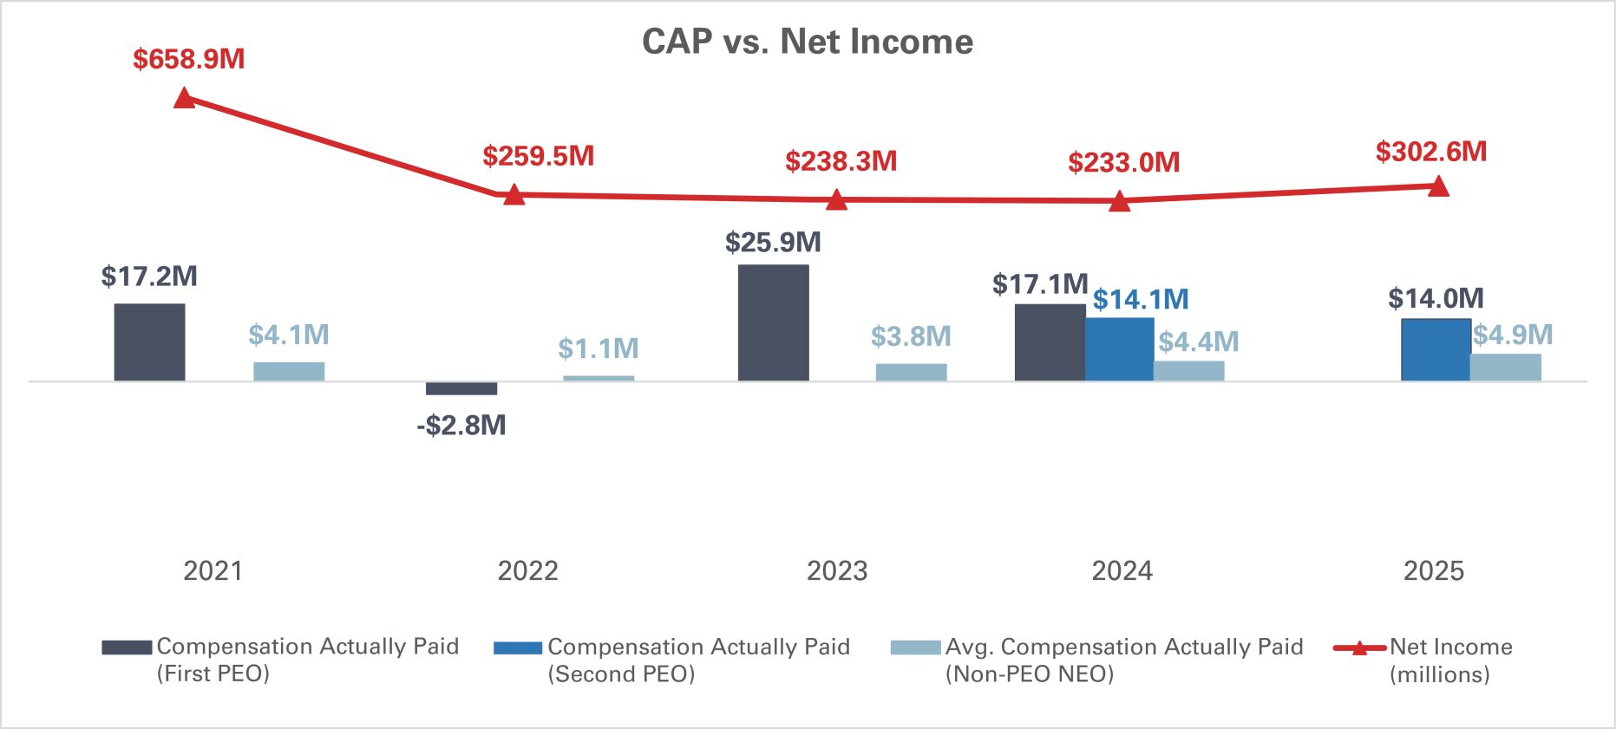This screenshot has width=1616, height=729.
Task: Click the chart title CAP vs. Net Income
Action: click(x=808, y=42)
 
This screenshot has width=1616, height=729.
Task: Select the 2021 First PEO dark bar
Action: click(x=149, y=342)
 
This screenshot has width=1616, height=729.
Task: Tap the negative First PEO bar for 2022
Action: click(x=461, y=388)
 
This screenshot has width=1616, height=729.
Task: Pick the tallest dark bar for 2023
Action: click(x=773, y=322)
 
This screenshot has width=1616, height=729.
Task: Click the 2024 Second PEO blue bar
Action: click(x=1119, y=349)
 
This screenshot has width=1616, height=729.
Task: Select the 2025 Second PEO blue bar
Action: click(x=1436, y=350)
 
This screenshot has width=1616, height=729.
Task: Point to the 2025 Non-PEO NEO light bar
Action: click(x=1505, y=368)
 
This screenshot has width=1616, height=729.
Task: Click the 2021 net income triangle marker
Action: click(x=184, y=98)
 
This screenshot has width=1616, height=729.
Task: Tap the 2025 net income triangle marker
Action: click(x=1438, y=186)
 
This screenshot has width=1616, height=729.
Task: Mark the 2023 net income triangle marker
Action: click(x=836, y=200)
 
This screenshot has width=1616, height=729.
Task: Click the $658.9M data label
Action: click(x=189, y=59)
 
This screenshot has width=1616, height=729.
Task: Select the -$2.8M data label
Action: click(x=461, y=425)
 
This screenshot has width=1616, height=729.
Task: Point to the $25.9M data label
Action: click(x=773, y=243)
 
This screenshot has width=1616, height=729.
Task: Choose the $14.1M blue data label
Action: click(x=1141, y=300)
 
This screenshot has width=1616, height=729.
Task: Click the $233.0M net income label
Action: click(x=1123, y=162)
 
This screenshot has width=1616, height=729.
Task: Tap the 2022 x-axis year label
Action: click(x=527, y=570)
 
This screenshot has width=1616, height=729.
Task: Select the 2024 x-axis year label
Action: click(x=1122, y=570)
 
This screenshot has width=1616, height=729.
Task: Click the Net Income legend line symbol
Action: click(x=1359, y=648)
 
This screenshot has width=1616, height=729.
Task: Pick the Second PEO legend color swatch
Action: click(x=518, y=648)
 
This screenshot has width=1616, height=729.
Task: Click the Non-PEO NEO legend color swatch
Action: click(x=915, y=648)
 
